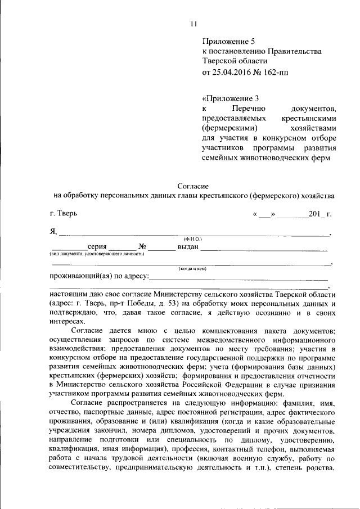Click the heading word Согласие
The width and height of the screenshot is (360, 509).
point(193,185)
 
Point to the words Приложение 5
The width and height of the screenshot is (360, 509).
point(228,41)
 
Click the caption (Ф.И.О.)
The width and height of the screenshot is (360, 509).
point(193,240)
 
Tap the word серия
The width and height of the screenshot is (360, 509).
point(97,247)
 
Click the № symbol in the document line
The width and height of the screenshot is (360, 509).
point(142,247)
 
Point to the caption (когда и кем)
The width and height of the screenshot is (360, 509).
point(193,269)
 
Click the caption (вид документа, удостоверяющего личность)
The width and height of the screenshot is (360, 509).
point(96,254)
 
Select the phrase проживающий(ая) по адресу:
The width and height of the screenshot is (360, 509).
point(99,276)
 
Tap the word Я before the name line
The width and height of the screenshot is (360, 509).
point(52,231)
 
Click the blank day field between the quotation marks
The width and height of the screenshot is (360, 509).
point(265,214)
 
